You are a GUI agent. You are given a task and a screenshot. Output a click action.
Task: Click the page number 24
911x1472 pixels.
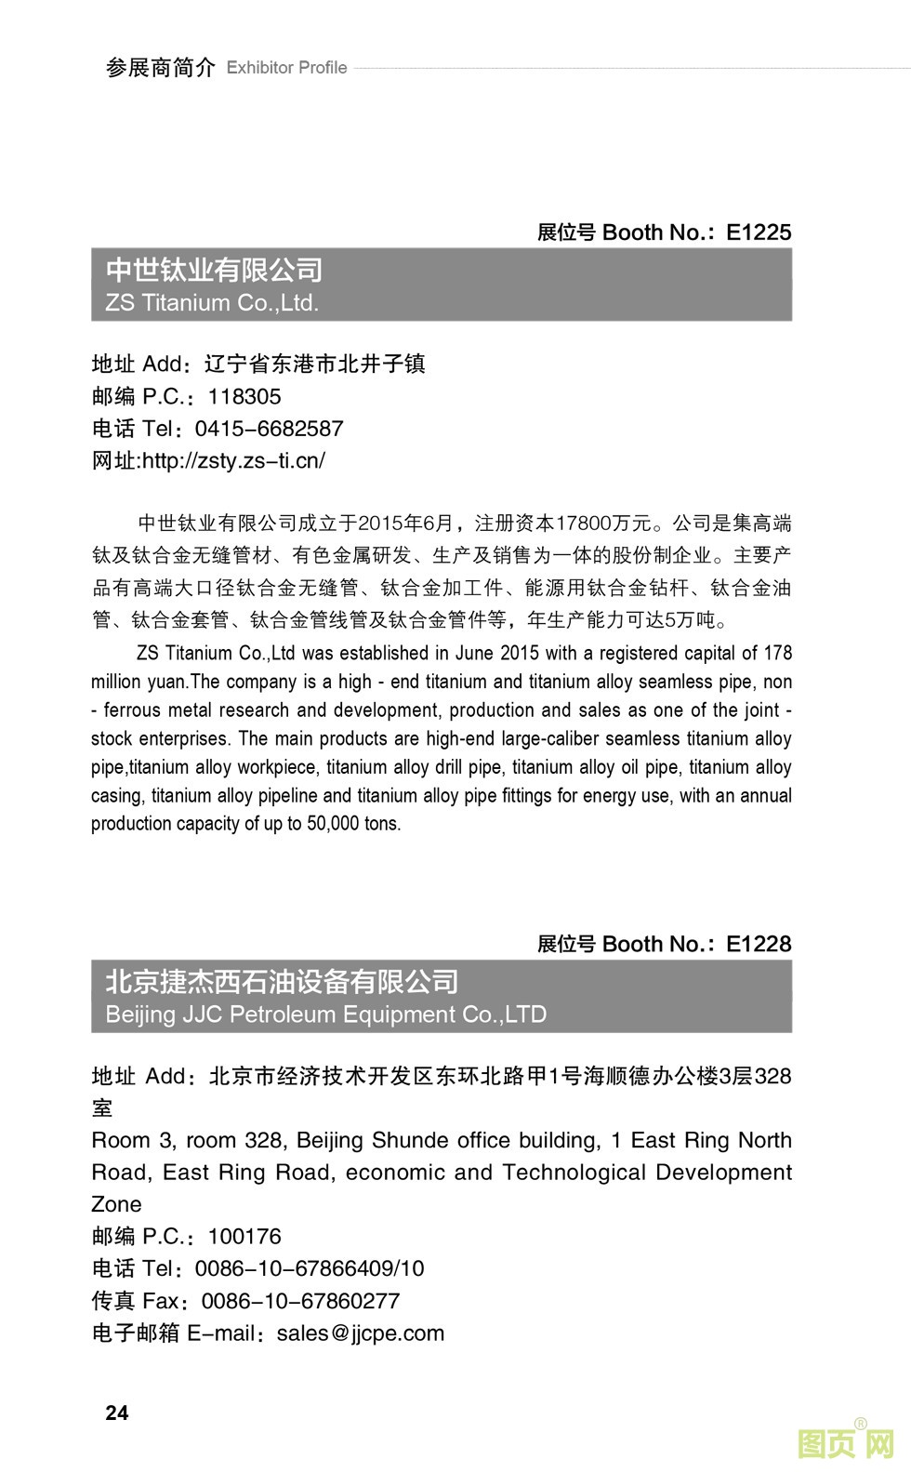[x=117, y=1412]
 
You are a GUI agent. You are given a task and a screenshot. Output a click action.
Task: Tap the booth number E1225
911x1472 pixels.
[x=759, y=232]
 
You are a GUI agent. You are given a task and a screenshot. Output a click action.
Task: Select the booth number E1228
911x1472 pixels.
[x=759, y=944]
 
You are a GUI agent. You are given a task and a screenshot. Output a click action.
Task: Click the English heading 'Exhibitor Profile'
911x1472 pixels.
[x=286, y=68]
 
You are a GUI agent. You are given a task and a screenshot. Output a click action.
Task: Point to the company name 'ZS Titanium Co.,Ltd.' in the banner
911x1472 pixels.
[x=212, y=303]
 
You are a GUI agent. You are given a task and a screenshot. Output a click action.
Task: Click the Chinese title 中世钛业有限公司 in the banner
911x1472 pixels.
[x=214, y=270]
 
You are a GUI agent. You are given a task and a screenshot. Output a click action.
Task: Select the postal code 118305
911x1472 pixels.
[x=244, y=397]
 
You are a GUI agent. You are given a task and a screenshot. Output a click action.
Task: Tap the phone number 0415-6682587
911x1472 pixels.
[x=269, y=429]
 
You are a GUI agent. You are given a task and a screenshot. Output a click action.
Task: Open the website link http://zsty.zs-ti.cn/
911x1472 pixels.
[x=233, y=460]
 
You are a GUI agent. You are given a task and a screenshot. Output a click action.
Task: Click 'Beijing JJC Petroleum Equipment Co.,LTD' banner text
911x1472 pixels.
[x=325, y=1014]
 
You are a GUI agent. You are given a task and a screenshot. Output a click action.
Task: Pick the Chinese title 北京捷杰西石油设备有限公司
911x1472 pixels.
[x=282, y=981]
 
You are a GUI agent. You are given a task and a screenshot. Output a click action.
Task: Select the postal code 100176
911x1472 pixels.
[x=244, y=1237]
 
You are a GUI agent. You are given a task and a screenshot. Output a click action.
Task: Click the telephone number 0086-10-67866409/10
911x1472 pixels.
[x=310, y=1268]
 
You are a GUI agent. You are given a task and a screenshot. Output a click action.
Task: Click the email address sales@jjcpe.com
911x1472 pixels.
[x=361, y=1333]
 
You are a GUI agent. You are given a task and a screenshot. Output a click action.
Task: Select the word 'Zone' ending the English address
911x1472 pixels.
[x=116, y=1204]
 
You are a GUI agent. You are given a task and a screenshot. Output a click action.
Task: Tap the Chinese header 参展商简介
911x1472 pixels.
[x=160, y=68]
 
